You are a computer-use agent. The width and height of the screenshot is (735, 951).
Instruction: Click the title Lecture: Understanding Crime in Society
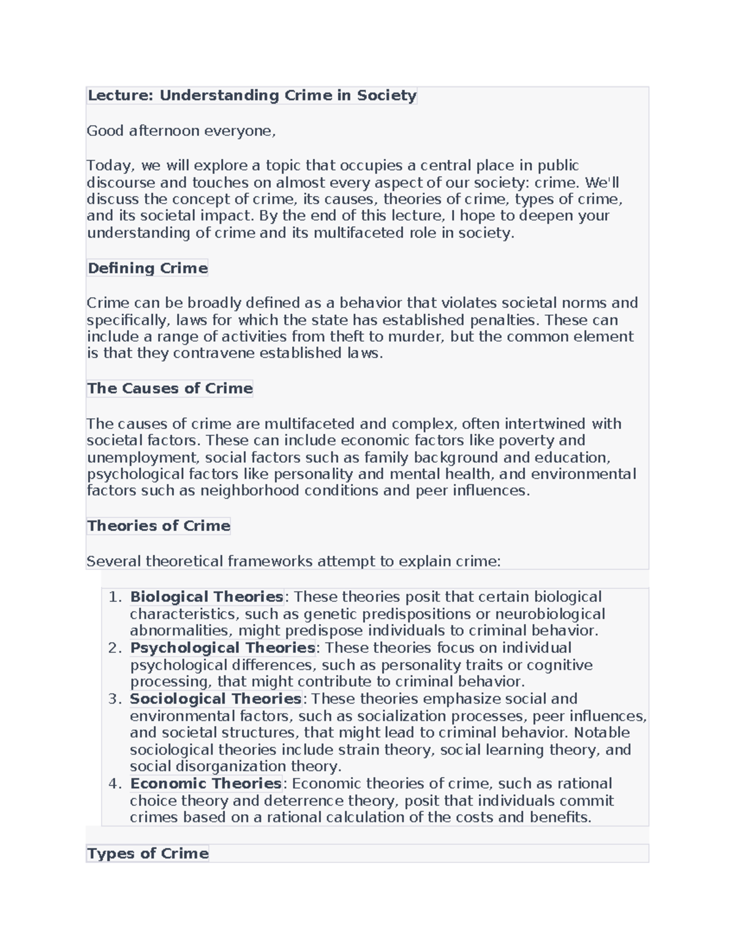[x=252, y=96]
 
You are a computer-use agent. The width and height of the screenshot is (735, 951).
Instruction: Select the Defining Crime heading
[x=148, y=268]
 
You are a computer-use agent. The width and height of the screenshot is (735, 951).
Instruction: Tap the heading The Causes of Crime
[x=170, y=388]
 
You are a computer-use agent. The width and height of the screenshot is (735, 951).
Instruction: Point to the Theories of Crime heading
[x=159, y=526]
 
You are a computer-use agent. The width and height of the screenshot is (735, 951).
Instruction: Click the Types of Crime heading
[x=148, y=854]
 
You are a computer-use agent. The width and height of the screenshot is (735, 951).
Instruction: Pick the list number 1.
[x=115, y=597]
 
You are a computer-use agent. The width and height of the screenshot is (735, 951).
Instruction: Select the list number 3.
[x=115, y=699]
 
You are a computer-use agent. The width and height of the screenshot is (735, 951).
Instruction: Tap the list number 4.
[x=115, y=784]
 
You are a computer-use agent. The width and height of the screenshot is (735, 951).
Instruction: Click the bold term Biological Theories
[x=206, y=597]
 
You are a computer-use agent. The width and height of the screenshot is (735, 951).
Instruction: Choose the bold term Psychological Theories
[x=222, y=648]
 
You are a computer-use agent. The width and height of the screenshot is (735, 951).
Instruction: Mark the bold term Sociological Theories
[x=216, y=699]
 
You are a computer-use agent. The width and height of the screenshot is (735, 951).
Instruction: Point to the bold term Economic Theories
[x=206, y=784]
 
